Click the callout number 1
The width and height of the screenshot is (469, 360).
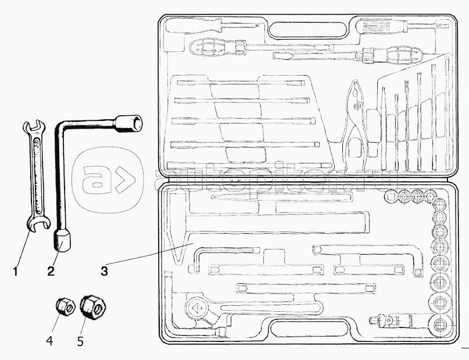pos(16,270)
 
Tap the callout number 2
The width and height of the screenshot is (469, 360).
pos(51,270)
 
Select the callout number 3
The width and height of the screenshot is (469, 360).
pos(104,270)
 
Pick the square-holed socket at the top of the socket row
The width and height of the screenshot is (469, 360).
pos(390,197)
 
